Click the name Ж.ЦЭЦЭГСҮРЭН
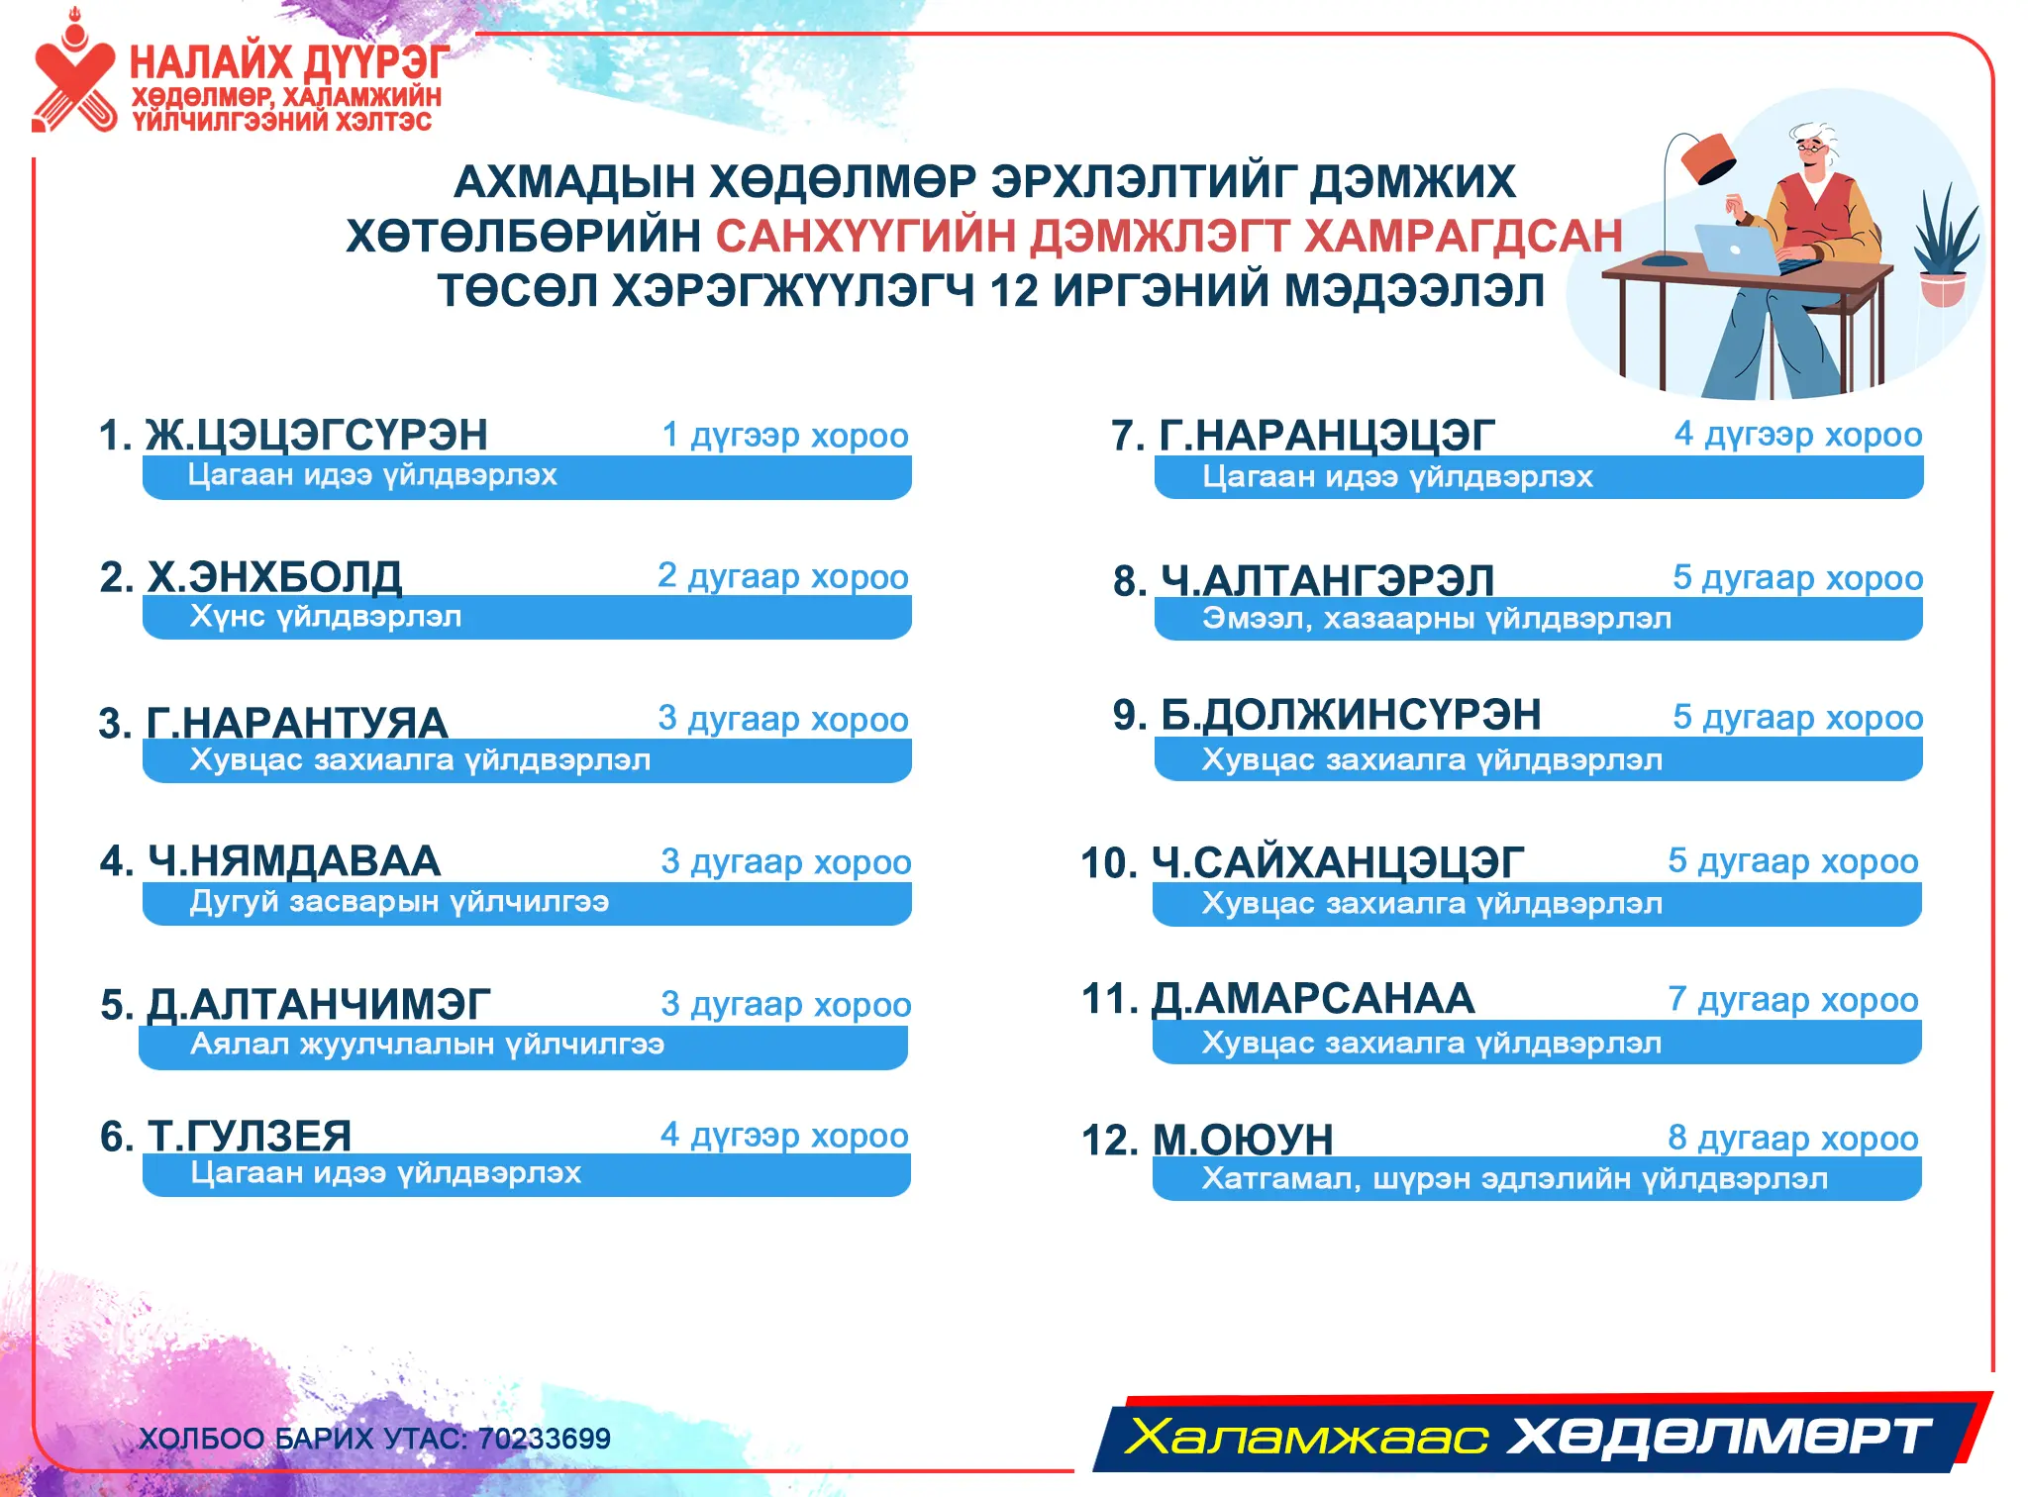click(x=316, y=435)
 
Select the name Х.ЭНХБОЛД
click(x=274, y=576)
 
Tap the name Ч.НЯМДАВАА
click(x=294, y=860)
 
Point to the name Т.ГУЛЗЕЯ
click(x=250, y=1136)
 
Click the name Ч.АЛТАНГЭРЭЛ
click(x=1327, y=580)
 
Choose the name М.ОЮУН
click(x=1243, y=1140)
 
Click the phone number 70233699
click(x=544, y=1439)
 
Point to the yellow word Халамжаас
click(x=1308, y=1436)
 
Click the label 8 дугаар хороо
click(x=1793, y=1139)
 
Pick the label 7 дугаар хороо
click(x=1793, y=1000)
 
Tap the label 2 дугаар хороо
click(x=783, y=576)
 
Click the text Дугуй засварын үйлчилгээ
click(x=399, y=902)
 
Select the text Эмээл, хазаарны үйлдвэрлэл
click(x=1437, y=619)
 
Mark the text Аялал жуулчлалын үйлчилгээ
click(x=427, y=1044)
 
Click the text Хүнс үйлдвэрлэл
click(x=326, y=617)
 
